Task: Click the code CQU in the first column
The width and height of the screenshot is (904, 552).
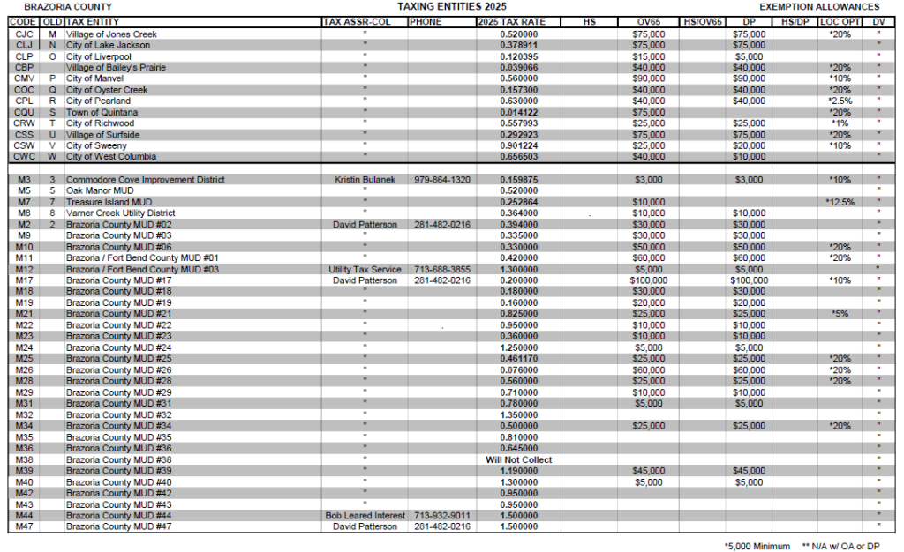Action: pos(25,112)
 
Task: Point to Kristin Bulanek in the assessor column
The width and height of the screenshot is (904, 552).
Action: pos(364,179)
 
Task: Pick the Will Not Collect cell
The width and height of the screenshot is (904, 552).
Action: pos(519,459)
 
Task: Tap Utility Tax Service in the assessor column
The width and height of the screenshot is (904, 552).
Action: pos(364,269)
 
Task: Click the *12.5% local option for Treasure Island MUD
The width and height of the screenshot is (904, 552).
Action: pos(838,202)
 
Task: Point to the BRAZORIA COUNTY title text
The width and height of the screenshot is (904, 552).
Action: pos(68,6)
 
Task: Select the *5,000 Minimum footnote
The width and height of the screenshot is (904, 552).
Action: pos(757,546)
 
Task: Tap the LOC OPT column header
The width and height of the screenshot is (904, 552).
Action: pos(838,21)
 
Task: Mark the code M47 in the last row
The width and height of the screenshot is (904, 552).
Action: pos(25,526)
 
